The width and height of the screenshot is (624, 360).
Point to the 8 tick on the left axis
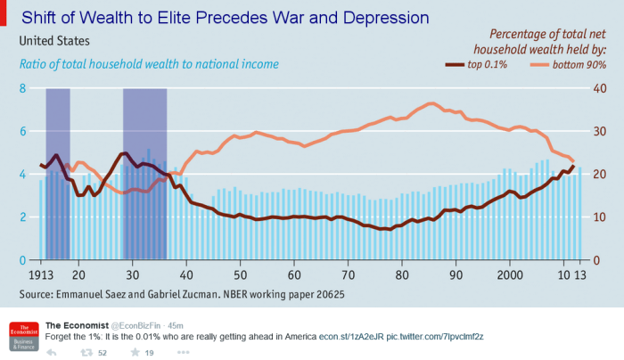click(x=22, y=88)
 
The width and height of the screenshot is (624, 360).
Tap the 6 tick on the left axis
click(x=22, y=131)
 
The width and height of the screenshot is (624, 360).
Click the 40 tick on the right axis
click(x=599, y=88)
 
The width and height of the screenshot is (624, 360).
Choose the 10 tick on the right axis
click(x=599, y=217)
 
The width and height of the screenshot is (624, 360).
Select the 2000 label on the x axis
click(x=509, y=275)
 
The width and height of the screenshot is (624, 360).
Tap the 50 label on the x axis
click(x=240, y=275)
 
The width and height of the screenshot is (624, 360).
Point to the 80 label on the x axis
click(x=402, y=275)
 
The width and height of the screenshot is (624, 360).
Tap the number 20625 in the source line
click(x=327, y=293)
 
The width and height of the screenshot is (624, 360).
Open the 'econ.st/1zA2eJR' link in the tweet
click(x=351, y=336)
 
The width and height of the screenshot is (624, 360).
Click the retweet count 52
click(x=103, y=353)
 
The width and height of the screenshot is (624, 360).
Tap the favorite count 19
click(x=149, y=353)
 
